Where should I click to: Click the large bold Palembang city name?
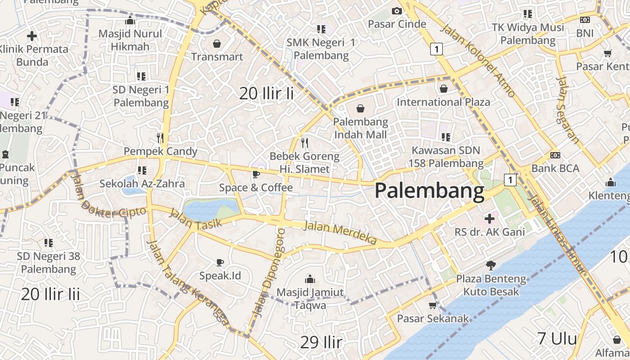(429, 191)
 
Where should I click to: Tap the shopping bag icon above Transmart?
(217, 44)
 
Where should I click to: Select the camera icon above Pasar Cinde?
(396, 11)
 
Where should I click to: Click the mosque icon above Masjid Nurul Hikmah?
(130, 20)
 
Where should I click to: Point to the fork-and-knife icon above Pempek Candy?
(160, 138)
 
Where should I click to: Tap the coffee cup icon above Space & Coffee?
(256, 174)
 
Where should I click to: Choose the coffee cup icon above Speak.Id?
(220, 262)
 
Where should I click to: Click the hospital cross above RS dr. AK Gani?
(490, 219)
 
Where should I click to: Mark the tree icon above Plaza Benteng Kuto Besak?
(491, 265)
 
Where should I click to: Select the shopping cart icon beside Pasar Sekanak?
(433, 306)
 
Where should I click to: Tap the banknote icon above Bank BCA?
(555, 155)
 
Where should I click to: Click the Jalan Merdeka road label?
(340, 233)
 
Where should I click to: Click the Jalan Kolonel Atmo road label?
(478, 61)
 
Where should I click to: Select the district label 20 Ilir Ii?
(266, 94)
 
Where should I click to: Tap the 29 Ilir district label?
(321, 342)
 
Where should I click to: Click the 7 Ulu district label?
(557, 338)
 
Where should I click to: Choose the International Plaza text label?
(443, 102)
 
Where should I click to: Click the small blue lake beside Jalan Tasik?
(211, 209)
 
